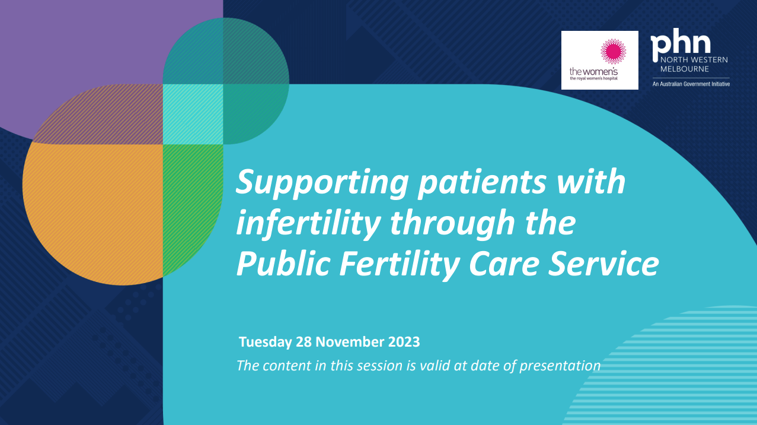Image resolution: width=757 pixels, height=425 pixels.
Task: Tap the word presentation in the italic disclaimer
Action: coord(560,365)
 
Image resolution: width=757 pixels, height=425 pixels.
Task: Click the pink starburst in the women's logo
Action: coord(613,52)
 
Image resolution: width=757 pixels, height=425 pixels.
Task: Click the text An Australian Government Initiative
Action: coord(691,84)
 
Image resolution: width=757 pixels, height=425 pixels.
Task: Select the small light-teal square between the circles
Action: coord(193,115)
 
